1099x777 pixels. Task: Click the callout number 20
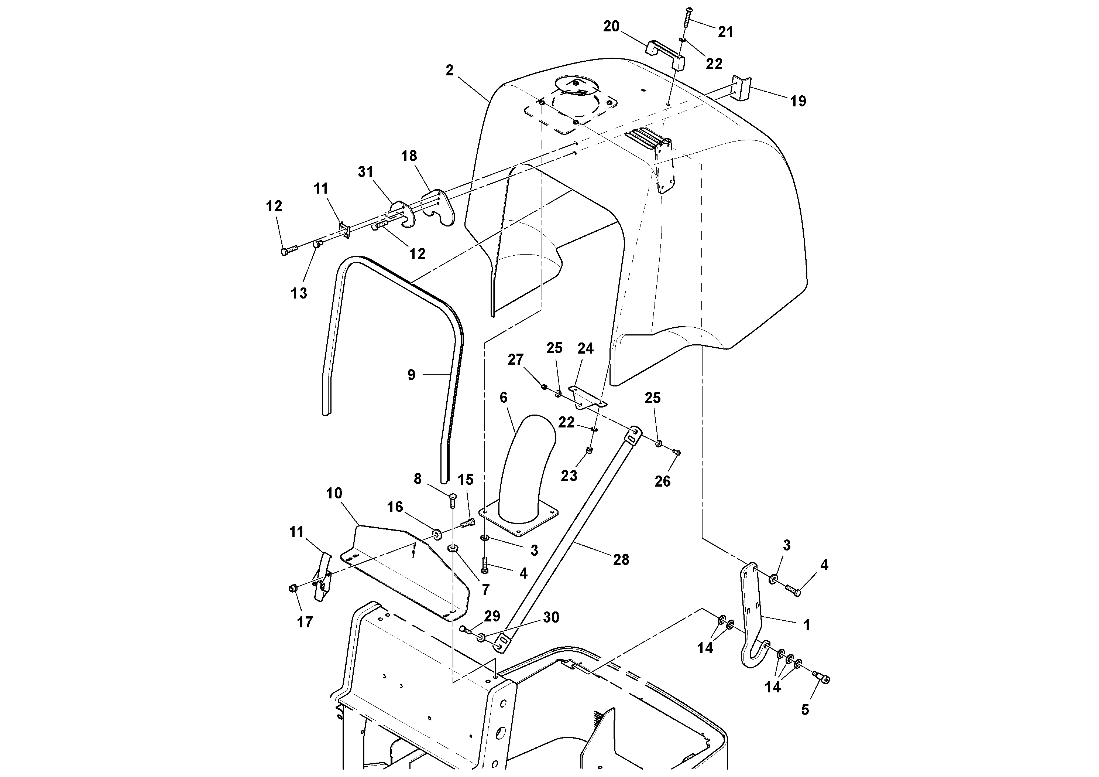pyautogui.click(x=611, y=27)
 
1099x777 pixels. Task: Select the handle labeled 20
pyautogui.click(x=664, y=54)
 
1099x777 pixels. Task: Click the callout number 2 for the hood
pyautogui.click(x=449, y=71)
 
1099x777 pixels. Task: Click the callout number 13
pyautogui.click(x=299, y=293)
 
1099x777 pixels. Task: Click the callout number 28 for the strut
pyautogui.click(x=621, y=559)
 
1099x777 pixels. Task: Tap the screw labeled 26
pyautogui.click(x=677, y=452)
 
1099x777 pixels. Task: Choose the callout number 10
pyautogui.click(x=334, y=493)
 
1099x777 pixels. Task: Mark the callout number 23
pyautogui.click(x=569, y=476)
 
